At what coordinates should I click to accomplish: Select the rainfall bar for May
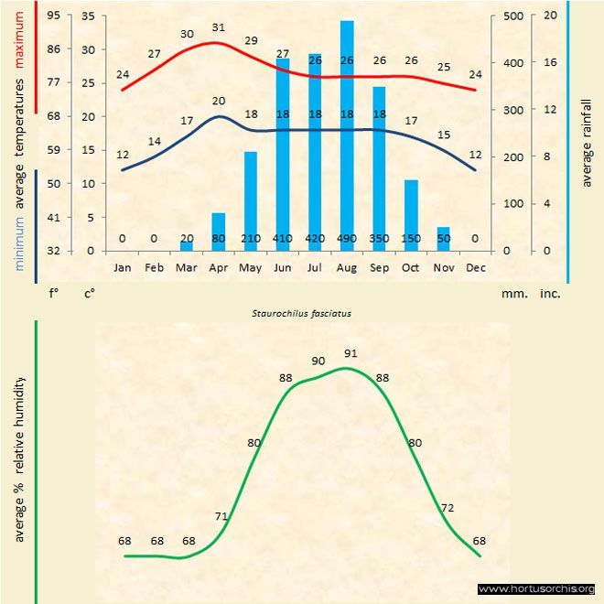click(251, 197)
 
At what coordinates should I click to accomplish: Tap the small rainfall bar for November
click(443, 236)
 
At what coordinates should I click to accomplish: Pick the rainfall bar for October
click(411, 212)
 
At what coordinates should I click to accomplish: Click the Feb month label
click(154, 268)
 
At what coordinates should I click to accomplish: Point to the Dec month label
click(475, 268)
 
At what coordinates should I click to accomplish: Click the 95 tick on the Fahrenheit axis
click(54, 16)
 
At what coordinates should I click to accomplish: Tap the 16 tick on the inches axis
click(550, 63)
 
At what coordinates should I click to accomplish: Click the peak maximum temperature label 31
click(218, 27)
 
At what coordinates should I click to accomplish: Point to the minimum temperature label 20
click(218, 102)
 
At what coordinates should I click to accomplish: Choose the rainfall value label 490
click(347, 239)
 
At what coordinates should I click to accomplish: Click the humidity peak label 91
click(351, 353)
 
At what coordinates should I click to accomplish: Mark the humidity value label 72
click(448, 508)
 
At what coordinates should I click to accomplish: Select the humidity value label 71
click(221, 517)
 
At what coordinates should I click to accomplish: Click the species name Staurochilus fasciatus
click(302, 313)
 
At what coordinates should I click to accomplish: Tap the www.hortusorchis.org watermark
click(536, 588)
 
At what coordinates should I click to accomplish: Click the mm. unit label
click(512, 295)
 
